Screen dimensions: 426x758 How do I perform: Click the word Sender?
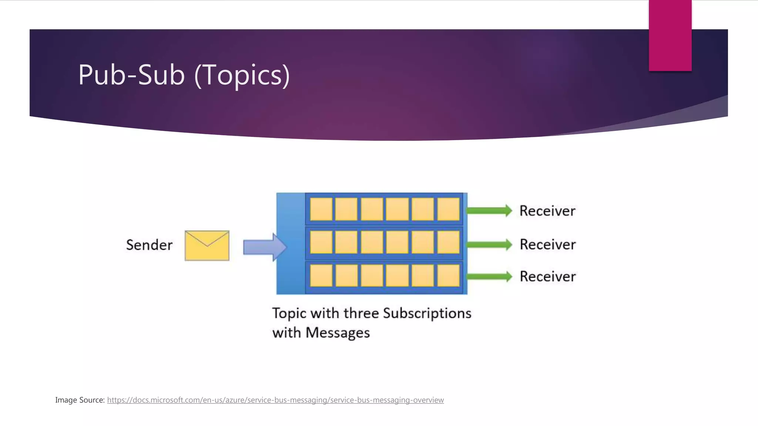pyautogui.click(x=149, y=245)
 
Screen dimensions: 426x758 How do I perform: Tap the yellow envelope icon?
pyautogui.click(x=207, y=246)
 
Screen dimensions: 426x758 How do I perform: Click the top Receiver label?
pyautogui.click(x=547, y=211)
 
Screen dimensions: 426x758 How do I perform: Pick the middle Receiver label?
pyautogui.click(x=548, y=244)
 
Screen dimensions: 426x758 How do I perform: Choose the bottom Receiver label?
pyautogui.click(x=548, y=277)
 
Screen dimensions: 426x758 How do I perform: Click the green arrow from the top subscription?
pyautogui.click(x=489, y=211)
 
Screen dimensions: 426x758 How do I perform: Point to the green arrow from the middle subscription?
pyautogui.click(x=489, y=244)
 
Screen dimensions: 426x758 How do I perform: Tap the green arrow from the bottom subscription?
pyautogui.click(x=489, y=277)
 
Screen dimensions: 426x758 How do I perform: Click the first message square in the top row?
pyautogui.click(x=321, y=209)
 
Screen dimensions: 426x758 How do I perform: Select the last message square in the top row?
pyautogui.click(x=448, y=209)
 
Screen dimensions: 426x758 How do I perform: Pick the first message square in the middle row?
pyautogui.click(x=321, y=242)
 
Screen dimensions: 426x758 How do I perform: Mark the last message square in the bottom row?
pyautogui.click(x=448, y=275)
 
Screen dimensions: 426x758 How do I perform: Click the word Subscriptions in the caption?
pyautogui.click(x=427, y=314)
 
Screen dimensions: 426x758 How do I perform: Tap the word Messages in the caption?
pyautogui.click(x=338, y=333)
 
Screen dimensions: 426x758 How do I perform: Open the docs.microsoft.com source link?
pyautogui.click(x=275, y=400)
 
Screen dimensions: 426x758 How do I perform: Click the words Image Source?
pyautogui.click(x=80, y=400)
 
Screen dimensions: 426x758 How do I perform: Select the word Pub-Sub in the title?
pyautogui.click(x=131, y=75)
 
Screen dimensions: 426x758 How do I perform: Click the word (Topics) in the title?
pyautogui.click(x=242, y=75)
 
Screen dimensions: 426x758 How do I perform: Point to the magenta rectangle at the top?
pyautogui.click(x=670, y=35)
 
